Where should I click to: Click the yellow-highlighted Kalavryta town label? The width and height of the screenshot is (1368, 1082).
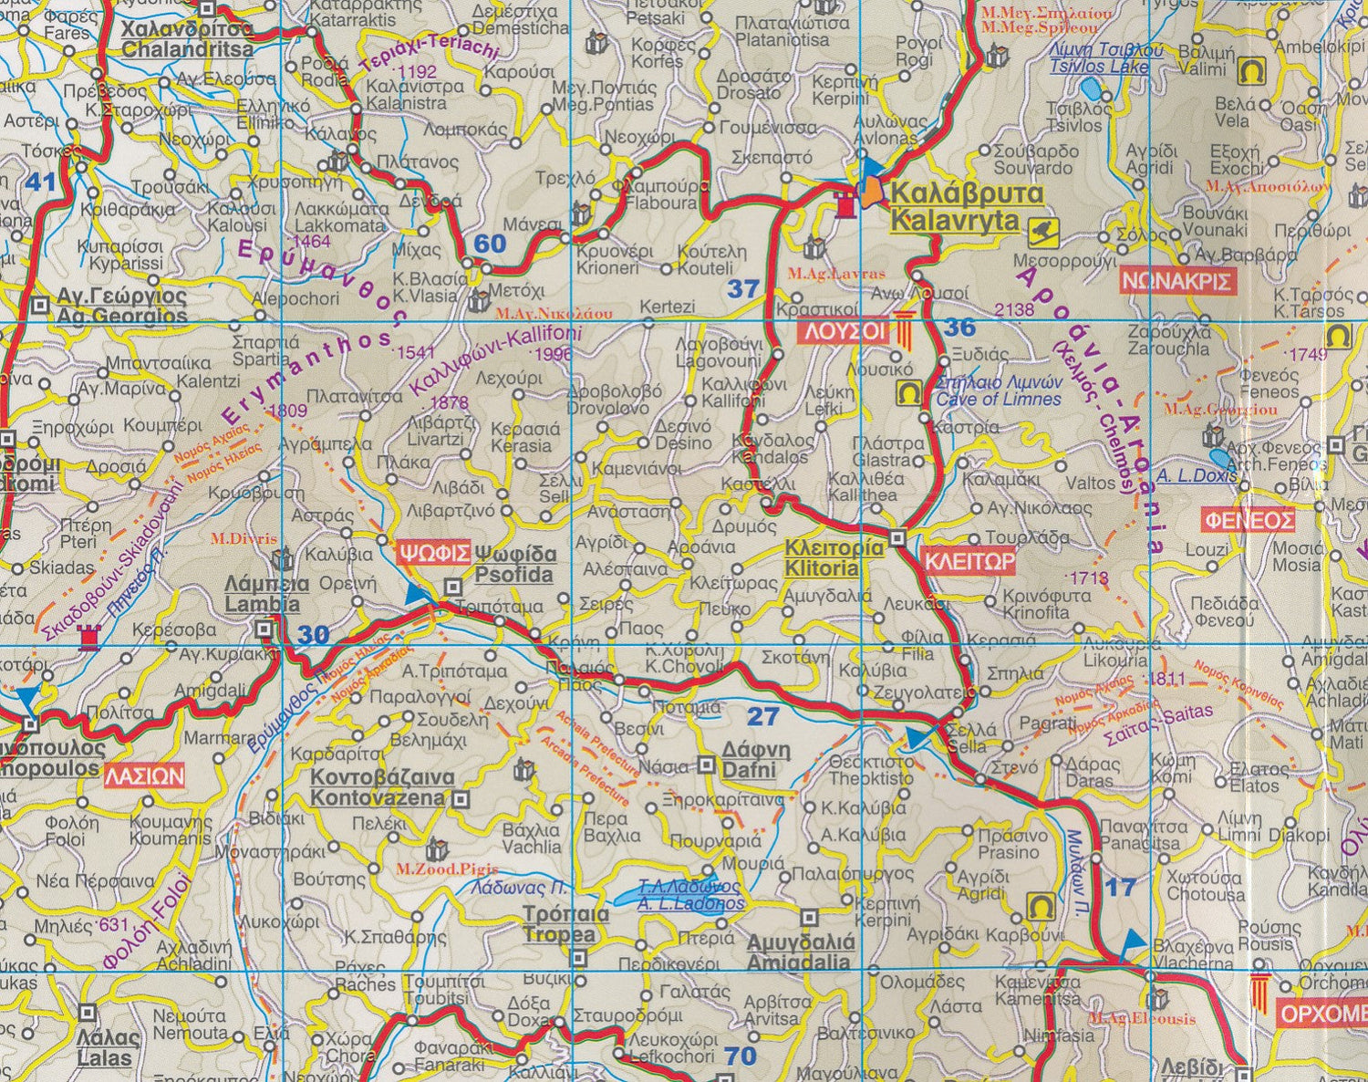954,207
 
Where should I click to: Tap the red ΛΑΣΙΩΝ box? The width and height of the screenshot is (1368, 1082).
144,776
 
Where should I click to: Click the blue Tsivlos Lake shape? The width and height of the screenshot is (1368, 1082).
1090,89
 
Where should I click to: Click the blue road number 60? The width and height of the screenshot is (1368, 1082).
490,244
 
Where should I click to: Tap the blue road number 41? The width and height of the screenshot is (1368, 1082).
40,182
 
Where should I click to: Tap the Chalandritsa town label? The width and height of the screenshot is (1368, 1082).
187,39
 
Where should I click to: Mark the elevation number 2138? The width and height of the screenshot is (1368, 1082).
1014,310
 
